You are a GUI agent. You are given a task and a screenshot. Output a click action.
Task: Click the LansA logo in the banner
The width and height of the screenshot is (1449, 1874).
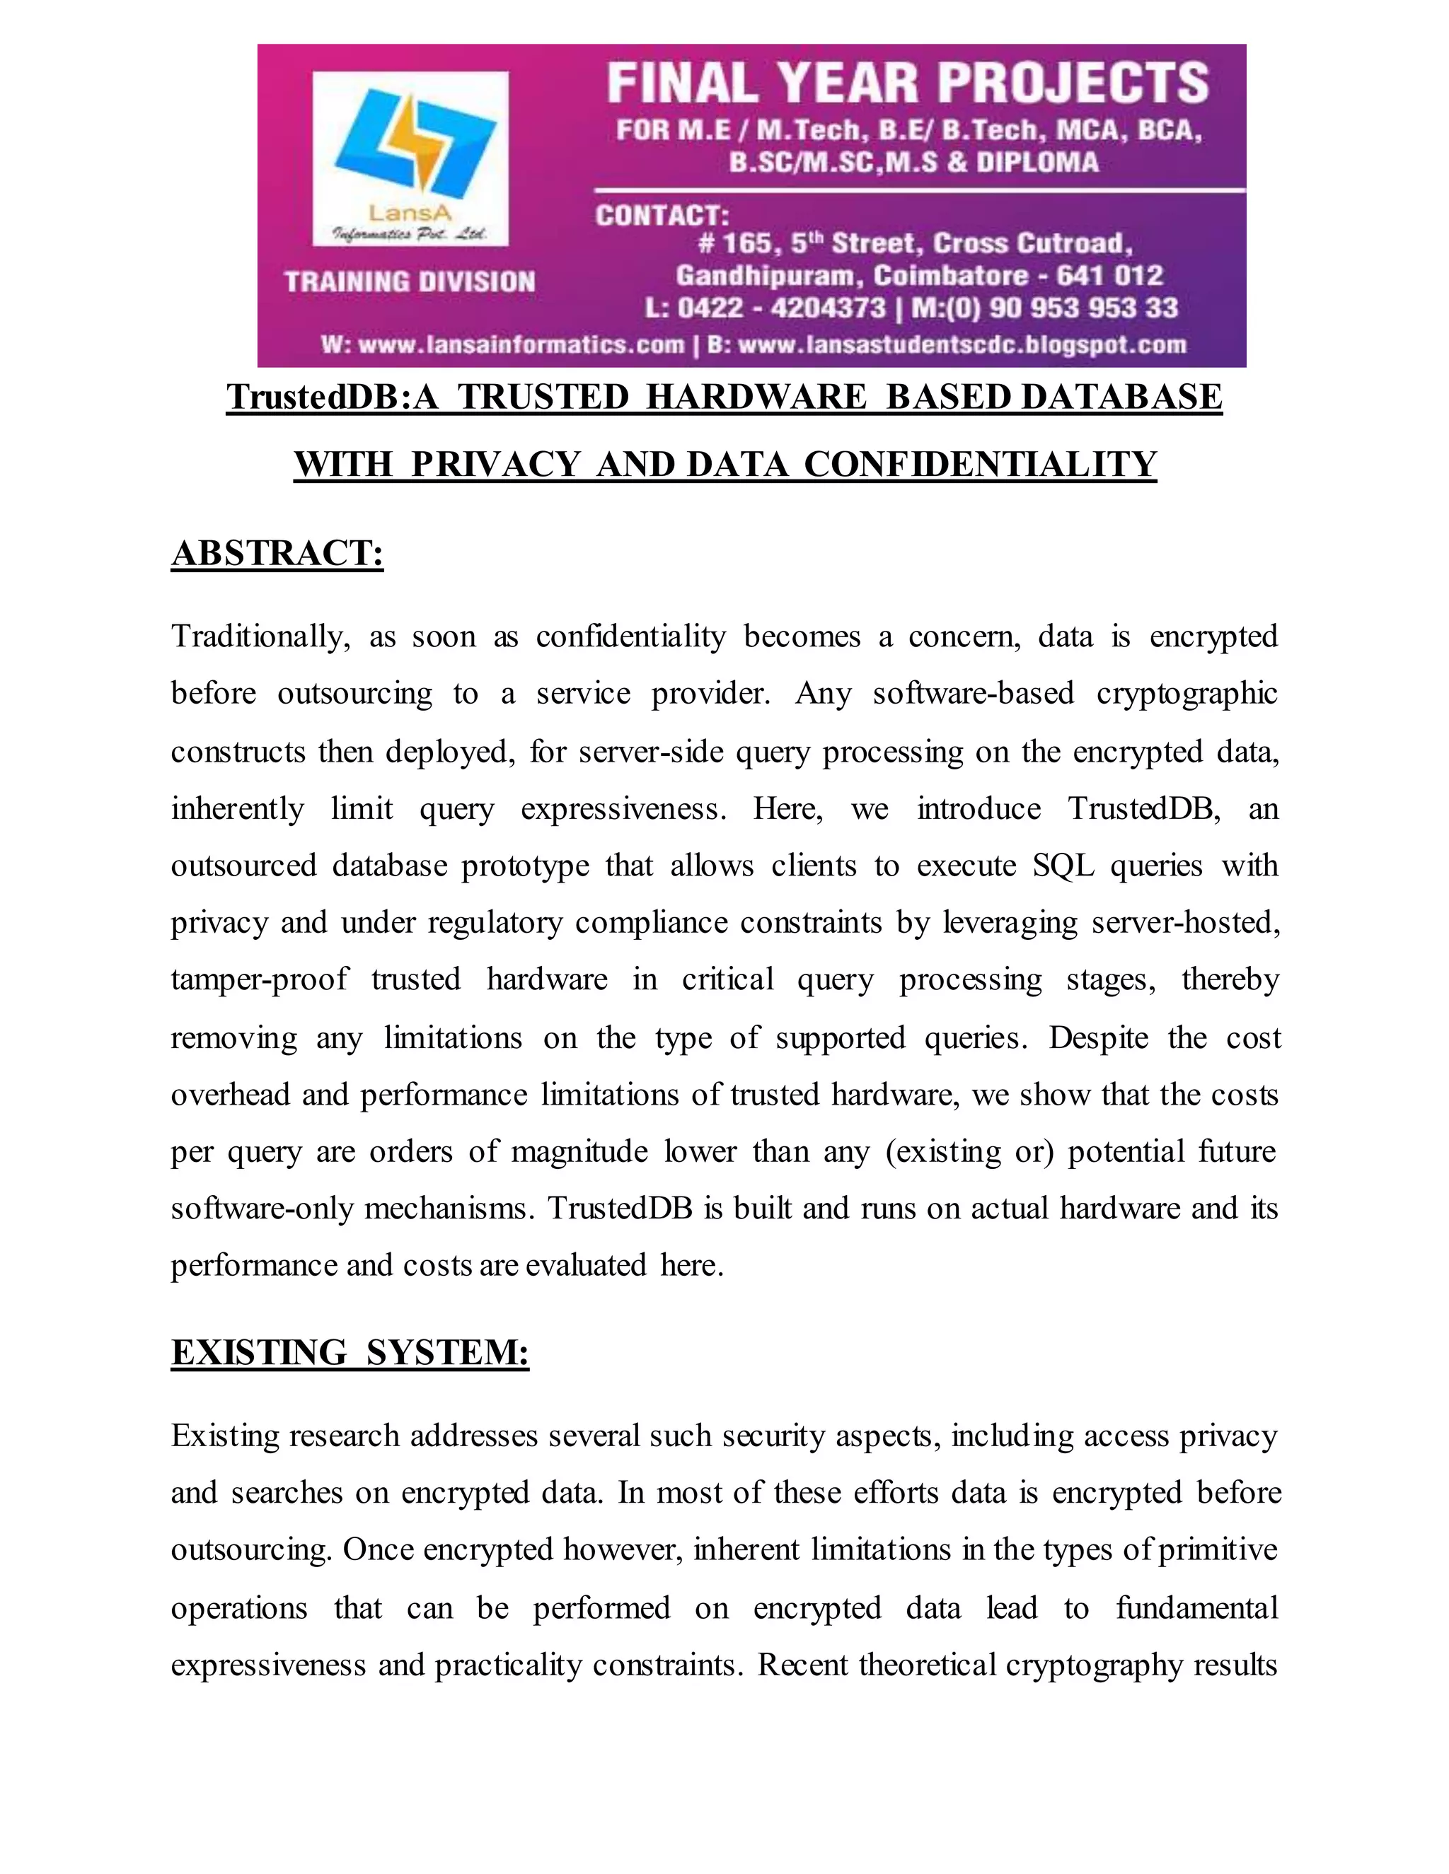coord(410,158)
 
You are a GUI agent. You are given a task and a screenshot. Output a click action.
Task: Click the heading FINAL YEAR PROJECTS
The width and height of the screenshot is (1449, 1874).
coord(908,83)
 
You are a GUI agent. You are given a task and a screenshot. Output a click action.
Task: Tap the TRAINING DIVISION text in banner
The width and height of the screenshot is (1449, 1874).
coord(410,281)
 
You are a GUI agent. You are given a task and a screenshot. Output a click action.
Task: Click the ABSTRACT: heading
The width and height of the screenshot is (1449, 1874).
coord(277,554)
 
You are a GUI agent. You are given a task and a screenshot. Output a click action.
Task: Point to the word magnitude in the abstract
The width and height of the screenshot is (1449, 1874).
coord(579,1151)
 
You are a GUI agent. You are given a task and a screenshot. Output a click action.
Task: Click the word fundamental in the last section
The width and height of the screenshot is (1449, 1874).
coord(1196,1607)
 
